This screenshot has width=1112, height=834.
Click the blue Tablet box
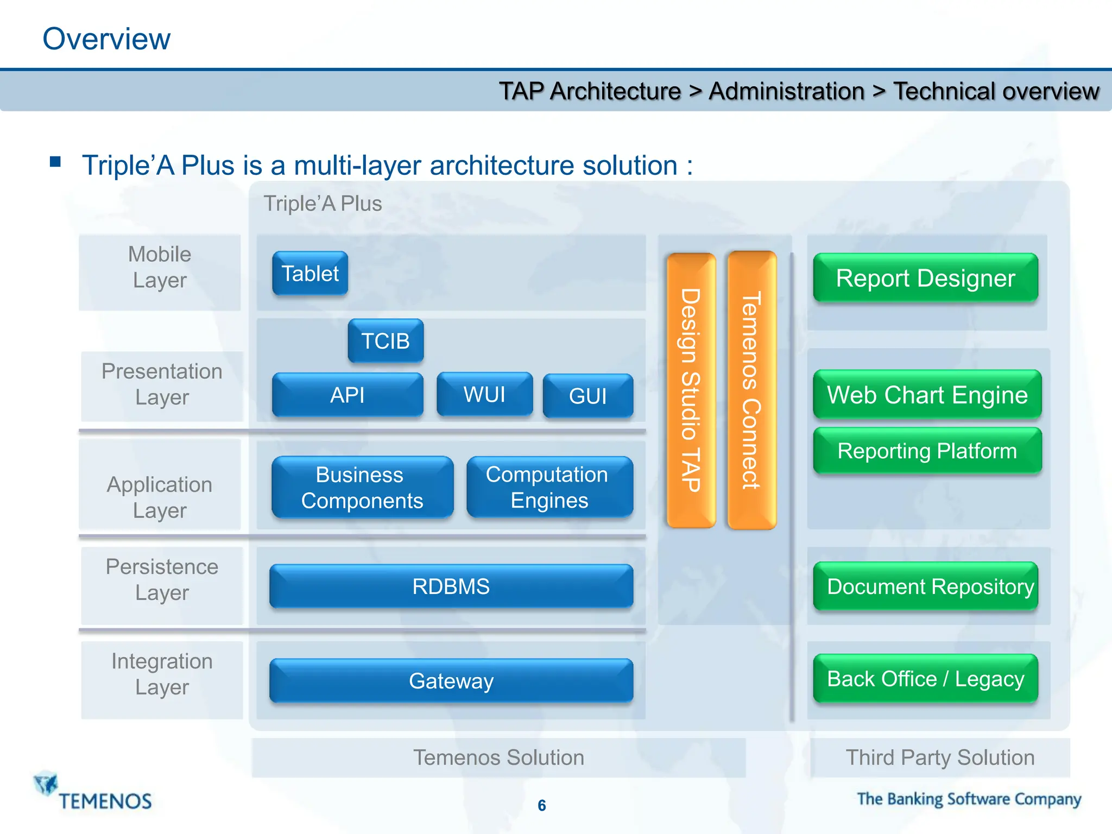point(310,273)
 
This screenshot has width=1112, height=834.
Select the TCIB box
point(386,341)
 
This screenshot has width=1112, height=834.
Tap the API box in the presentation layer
point(347,395)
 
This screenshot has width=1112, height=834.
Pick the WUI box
point(484,394)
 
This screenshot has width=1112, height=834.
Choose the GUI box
point(588,396)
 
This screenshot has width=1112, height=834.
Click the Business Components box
point(362,487)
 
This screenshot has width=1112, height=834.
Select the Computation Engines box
point(549,487)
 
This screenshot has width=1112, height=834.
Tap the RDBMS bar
point(451,586)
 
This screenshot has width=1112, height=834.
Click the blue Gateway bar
point(451,681)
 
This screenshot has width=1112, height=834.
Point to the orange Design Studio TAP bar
point(691,390)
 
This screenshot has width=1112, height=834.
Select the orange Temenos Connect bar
point(752,390)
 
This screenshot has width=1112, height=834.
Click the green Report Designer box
point(926,278)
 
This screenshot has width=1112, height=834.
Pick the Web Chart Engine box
point(927,395)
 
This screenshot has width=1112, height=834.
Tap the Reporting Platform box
point(927,451)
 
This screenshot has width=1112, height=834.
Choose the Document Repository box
point(926,586)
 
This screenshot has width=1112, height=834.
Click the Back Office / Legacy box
point(926,679)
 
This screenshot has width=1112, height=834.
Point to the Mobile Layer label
point(160,267)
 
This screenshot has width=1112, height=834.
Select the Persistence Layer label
point(162,580)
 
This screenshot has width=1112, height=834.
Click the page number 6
point(542,805)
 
